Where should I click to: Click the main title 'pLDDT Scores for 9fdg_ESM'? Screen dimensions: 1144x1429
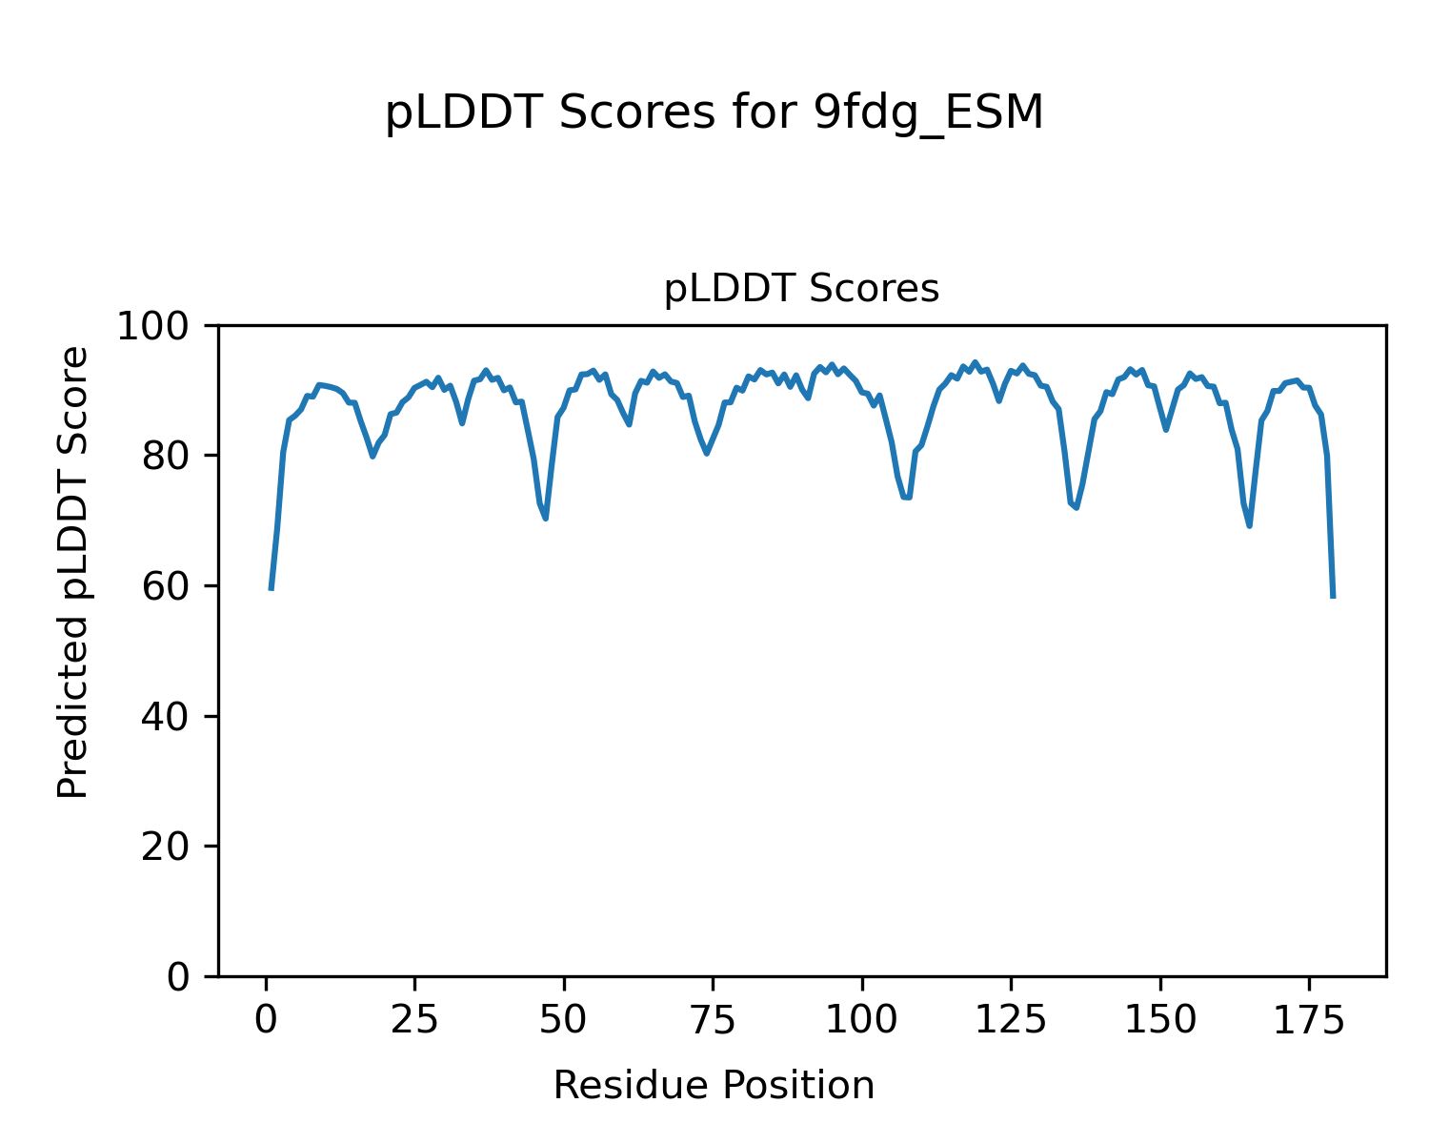pyautogui.click(x=714, y=113)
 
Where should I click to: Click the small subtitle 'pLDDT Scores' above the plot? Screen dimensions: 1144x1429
pyautogui.click(x=801, y=289)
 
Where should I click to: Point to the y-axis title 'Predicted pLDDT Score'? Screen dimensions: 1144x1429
pyautogui.click(x=73, y=572)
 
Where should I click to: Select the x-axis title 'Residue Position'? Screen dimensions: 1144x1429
pyautogui.click(x=714, y=1086)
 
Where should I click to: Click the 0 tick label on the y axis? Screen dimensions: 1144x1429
pyautogui.click(x=178, y=977)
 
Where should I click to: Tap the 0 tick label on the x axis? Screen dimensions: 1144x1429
pyautogui.click(x=266, y=1021)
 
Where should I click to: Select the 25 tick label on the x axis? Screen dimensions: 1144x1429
pyautogui.click(x=415, y=1021)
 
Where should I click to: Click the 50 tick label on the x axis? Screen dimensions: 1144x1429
pyautogui.click(x=564, y=1021)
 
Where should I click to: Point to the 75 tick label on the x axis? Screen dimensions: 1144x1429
pyautogui.click(x=713, y=1021)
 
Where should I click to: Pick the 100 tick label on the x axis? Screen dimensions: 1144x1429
pyautogui.click(x=862, y=1021)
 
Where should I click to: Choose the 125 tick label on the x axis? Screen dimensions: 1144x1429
pyautogui.click(x=1011, y=1021)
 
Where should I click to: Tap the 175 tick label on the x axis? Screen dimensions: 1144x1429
pyautogui.click(x=1309, y=1021)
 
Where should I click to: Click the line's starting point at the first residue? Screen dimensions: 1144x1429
pyautogui.click(x=272, y=589)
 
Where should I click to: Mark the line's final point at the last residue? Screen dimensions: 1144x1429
pyautogui.click(x=1333, y=597)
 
